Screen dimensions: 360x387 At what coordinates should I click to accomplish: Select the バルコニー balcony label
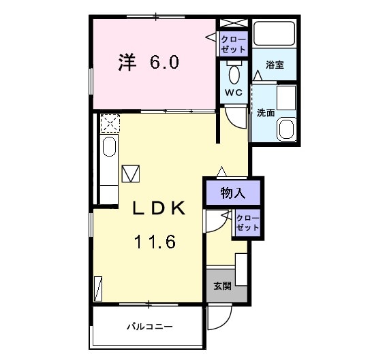point(149,327)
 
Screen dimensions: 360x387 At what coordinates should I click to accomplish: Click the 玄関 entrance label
point(222,286)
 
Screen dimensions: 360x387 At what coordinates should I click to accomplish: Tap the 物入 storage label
point(232,193)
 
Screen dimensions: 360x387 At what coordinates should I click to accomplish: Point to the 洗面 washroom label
point(265,113)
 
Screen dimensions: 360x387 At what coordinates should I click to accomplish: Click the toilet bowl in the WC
point(235,73)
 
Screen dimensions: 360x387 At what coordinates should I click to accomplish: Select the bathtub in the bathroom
point(274,34)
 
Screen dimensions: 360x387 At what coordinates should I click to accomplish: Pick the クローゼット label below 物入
point(247,223)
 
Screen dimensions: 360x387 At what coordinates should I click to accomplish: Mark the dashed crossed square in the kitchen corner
point(108,124)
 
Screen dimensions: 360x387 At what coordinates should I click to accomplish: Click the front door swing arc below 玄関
point(220,315)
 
